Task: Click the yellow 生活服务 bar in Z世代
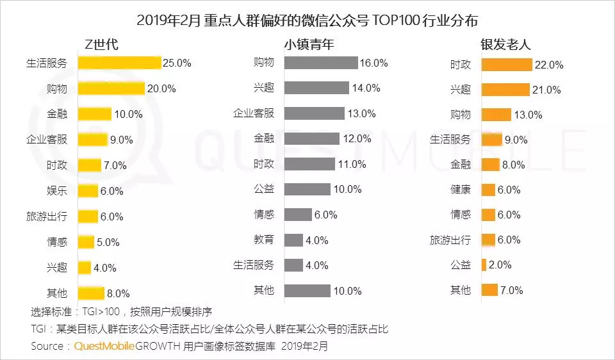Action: [119, 63]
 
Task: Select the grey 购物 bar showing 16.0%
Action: [320, 63]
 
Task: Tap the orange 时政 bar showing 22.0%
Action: [507, 65]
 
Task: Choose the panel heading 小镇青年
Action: [309, 44]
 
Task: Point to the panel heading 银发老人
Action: [506, 44]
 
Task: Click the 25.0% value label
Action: [177, 63]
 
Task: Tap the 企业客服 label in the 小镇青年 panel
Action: [253, 113]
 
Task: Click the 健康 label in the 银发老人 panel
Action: [460, 190]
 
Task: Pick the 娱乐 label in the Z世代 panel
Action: [56, 191]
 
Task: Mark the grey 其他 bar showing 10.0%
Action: [307, 291]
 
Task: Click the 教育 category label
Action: [263, 240]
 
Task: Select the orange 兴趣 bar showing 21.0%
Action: [505, 90]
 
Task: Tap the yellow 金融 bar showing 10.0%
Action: [94, 114]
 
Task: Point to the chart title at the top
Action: [307, 19]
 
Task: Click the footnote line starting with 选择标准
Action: [121, 313]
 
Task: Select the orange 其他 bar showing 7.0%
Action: [489, 290]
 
